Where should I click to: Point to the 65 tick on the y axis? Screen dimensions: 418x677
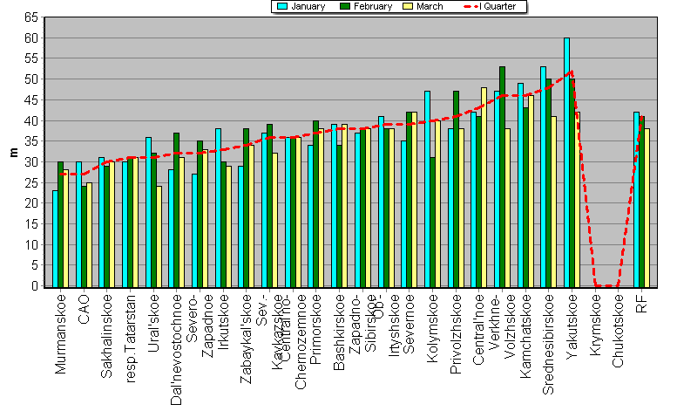[x=30, y=17]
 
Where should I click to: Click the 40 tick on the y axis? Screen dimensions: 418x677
[x=30, y=120]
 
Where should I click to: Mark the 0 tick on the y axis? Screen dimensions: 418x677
[x=34, y=286]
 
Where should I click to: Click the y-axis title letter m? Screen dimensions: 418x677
[x=12, y=152]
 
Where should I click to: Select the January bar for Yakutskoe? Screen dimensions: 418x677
[x=566, y=162]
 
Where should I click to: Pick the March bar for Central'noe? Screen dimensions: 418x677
[x=484, y=187]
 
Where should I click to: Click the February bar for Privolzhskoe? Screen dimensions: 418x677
[x=456, y=188]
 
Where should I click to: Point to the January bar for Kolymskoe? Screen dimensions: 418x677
[x=427, y=188]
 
